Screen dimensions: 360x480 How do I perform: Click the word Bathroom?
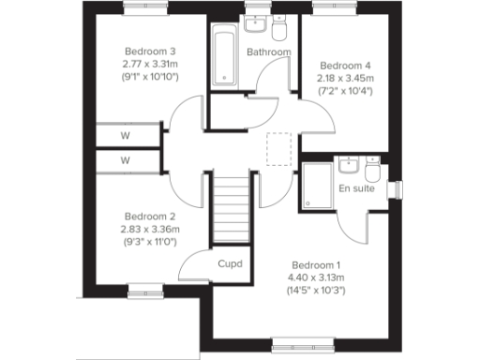point(269,52)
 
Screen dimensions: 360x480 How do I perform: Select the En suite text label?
point(356,188)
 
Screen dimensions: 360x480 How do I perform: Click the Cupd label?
point(230,263)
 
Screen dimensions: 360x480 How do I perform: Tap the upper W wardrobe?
point(125,135)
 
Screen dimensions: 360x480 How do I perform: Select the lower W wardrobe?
point(125,160)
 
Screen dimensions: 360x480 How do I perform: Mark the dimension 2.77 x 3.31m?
point(151,63)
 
